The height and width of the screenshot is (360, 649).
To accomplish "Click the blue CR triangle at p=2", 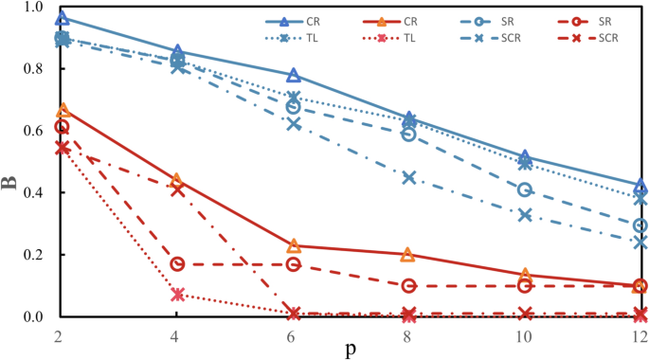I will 63,18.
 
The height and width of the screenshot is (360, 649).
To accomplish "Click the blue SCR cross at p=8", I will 409,178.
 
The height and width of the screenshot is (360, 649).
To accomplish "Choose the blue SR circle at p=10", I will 524,189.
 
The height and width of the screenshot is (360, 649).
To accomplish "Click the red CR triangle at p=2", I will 63,111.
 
